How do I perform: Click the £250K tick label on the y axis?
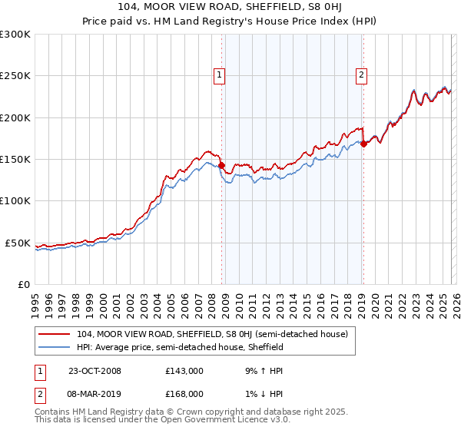[x=15, y=76]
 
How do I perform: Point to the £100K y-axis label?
[x=15, y=201]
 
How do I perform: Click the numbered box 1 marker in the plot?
[x=220, y=75]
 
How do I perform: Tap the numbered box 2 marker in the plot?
[x=360, y=75]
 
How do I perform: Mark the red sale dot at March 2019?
[x=363, y=144]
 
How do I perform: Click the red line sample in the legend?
[x=55, y=334]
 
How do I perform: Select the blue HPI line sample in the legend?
[x=55, y=347]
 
